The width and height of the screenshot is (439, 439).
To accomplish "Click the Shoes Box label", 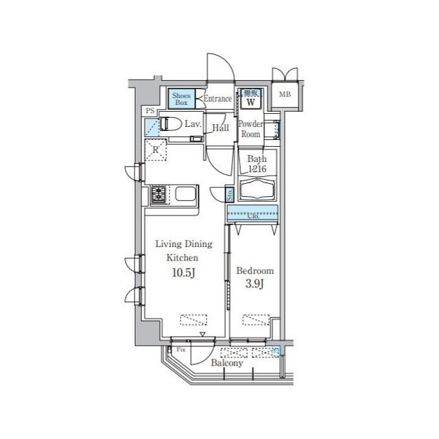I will coord(181,99).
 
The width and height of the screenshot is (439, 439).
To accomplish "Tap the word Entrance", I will coord(217,99).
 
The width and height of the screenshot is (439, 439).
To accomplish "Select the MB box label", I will coord(283,95).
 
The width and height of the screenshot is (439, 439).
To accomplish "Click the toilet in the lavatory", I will coord(171,124).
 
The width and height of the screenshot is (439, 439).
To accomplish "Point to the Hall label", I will coord(220,128).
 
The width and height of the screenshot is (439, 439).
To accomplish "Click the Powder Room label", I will coord(250,129).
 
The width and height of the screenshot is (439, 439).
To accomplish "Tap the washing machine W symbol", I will coord(251,102).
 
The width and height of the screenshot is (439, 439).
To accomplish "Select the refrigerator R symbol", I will coord(156,150).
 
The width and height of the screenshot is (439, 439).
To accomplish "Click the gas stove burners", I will coord(159,194).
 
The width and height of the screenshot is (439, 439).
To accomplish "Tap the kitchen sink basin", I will coord(185,194).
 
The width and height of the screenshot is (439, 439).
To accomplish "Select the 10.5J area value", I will coord(183,275).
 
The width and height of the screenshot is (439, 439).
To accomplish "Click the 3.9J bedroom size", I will coord(254,284).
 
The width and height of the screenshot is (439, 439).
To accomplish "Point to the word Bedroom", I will coord(254,271).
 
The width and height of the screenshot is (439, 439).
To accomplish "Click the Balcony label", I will coord(226,364).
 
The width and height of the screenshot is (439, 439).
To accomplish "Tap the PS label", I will coord(148,110).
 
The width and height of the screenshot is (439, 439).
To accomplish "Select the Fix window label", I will coord(181,350).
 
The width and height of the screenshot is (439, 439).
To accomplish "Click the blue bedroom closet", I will coord(252,213).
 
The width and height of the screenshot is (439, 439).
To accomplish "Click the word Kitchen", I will coord(183,258).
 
